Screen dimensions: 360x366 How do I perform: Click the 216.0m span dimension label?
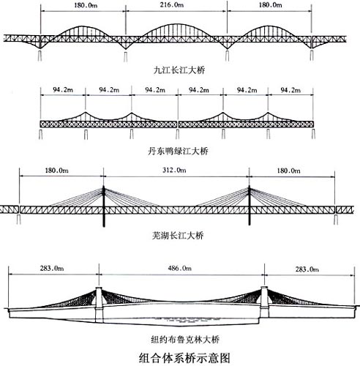coord(172,4)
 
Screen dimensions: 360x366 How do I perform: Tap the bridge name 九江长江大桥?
coord(179,70)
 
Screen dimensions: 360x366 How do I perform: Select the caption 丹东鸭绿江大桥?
coord(178,152)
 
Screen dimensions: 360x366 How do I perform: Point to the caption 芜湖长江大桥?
coord(178,236)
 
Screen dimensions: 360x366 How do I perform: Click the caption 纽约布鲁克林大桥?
coord(185,340)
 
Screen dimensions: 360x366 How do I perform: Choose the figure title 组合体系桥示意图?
coord(184,358)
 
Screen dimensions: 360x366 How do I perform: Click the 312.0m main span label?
coord(174,170)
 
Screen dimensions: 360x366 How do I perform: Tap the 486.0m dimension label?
coord(180,269)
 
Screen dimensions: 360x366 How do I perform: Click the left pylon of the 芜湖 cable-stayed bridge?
coord(104,206)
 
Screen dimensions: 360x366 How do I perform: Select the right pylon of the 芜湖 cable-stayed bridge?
coord(250,206)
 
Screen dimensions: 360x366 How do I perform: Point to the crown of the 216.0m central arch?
coord(176,24)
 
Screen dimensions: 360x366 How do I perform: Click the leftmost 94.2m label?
coord(63,90)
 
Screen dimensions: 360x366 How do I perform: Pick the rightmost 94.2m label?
coord(290,90)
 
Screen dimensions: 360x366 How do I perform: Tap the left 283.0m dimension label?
coord(52,269)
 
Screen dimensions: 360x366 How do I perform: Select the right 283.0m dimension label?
coord(307,269)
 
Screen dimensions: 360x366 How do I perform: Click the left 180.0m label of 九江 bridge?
coord(86,5)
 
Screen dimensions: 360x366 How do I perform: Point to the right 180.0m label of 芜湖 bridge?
coord(288,171)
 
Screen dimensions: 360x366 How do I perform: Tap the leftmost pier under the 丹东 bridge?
coord(41,134)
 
